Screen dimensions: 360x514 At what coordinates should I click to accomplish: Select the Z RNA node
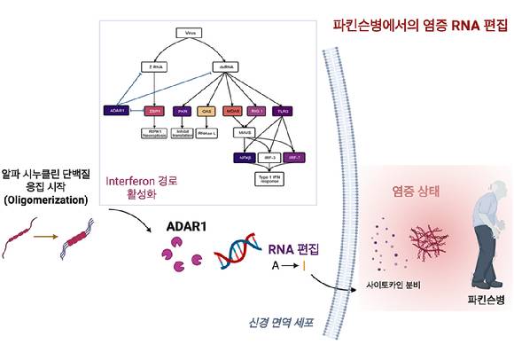click(x=154, y=67)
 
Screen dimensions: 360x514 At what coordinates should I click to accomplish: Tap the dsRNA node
click(x=224, y=67)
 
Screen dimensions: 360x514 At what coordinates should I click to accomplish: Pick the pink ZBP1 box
click(x=154, y=112)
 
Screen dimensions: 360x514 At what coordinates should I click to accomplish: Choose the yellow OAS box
click(x=207, y=112)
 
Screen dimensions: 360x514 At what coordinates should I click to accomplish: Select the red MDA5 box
click(x=233, y=112)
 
